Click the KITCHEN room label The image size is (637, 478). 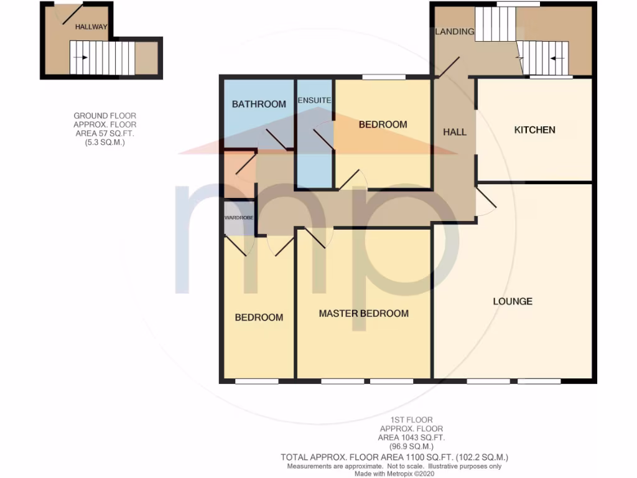coord(534,130)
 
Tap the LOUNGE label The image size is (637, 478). coord(513,301)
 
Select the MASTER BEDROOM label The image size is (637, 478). coord(363,313)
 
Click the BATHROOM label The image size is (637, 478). coord(259,104)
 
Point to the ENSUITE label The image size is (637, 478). coord(314,100)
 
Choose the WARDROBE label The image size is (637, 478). coord(239,218)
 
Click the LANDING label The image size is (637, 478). coord(454,32)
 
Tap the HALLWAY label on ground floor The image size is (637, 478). coord(91,27)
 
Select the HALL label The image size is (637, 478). coord(454,132)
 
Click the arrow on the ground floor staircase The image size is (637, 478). coord(80,57)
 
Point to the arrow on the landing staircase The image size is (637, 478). coord(558,58)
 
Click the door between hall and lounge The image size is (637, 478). coord(486,200)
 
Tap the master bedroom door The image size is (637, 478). coord(316,238)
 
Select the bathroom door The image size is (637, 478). coord(276,140)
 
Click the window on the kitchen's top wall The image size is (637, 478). coord(551,77)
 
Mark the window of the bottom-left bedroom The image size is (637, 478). coord(256,381)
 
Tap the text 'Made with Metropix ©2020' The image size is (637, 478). coord(394,474)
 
